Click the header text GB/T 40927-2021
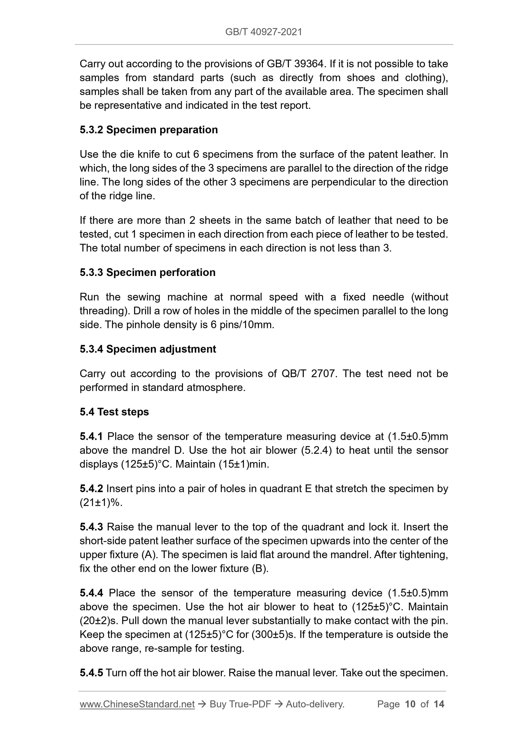pyautogui.click(x=263, y=32)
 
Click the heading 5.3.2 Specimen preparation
pyautogui.click(x=149, y=130)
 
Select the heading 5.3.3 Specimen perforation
pyautogui.click(x=147, y=272)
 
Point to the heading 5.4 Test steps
pyautogui.click(x=114, y=412)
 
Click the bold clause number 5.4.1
pyautogui.click(x=91, y=436)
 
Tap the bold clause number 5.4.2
pyautogui.click(x=91, y=489)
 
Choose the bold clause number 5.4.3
pyautogui.click(x=91, y=527)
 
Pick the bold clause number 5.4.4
pyautogui.click(x=91, y=593)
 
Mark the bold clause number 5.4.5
pyautogui.click(x=91, y=673)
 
